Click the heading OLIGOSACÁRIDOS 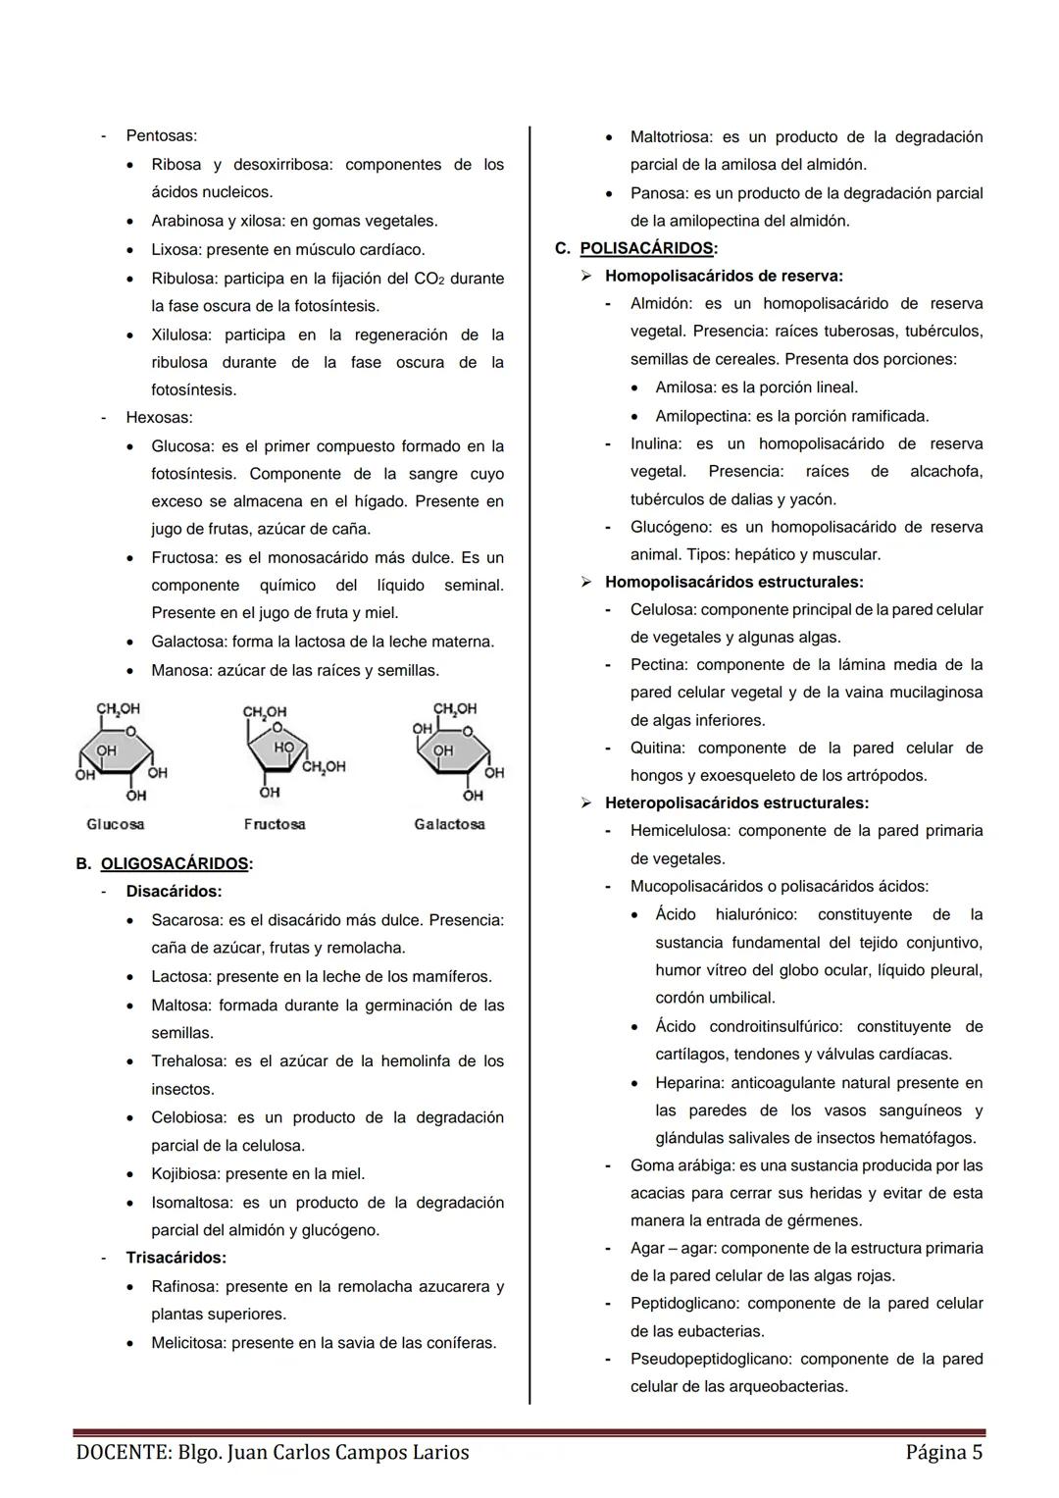coord(175,864)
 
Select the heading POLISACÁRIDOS coord(646,248)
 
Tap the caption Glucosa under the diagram coord(116,824)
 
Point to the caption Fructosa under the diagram coord(275,824)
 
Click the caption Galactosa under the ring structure coord(449,824)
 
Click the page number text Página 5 coord(943,1452)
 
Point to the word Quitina coord(657,749)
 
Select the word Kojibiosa coord(185,1174)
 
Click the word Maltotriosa coord(671,137)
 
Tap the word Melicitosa coord(188,1343)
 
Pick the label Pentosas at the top coord(161,135)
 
